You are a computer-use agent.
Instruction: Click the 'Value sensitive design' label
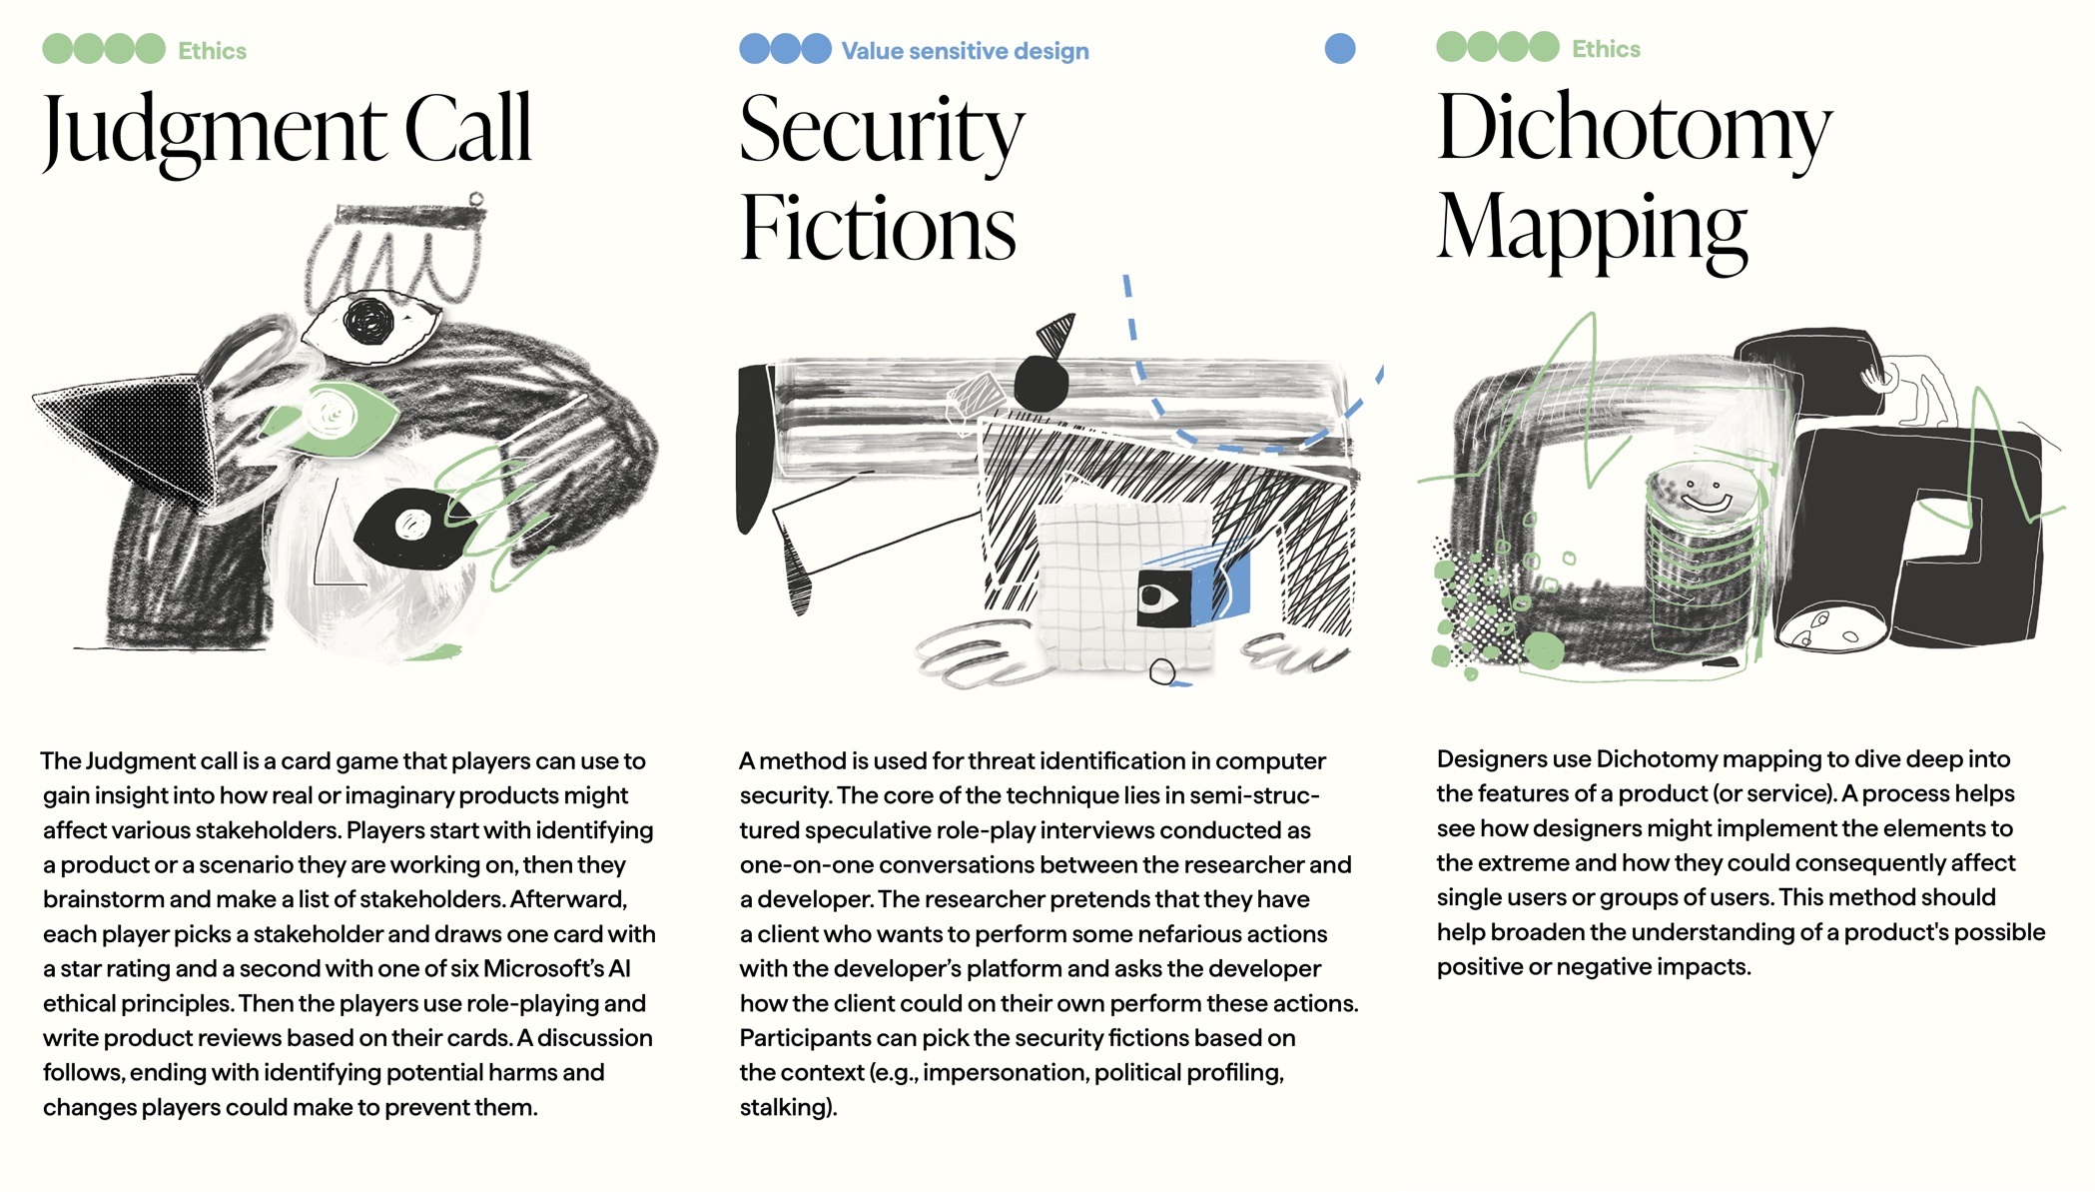[965, 51]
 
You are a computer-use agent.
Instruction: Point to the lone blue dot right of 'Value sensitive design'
[1340, 48]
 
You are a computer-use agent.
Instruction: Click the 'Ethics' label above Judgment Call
[212, 51]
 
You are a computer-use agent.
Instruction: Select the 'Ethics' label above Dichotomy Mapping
[1606, 49]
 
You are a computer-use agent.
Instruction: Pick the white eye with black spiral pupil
[369, 325]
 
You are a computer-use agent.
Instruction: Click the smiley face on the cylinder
[1703, 493]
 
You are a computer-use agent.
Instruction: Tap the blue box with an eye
[1193, 590]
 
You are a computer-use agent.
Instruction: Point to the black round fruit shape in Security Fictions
[1042, 382]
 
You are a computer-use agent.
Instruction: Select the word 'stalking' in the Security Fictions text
[784, 1107]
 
